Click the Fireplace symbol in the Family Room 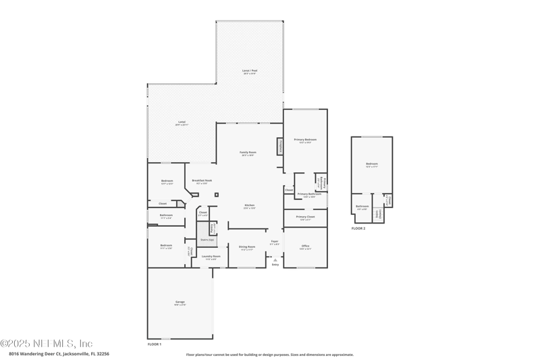(279, 147)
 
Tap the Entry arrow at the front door (275, 259)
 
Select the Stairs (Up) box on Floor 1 (207, 240)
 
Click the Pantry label (213, 228)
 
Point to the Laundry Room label (209, 257)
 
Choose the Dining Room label (247, 247)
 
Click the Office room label (305, 247)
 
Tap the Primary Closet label (305, 217)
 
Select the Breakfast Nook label (202, 181)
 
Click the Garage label (180, 303)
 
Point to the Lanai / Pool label (250, 71)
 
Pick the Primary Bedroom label (305, 140)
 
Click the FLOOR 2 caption (358, 229)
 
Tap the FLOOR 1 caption (155, 344)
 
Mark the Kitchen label (249, 205)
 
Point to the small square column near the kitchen (217, 195)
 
